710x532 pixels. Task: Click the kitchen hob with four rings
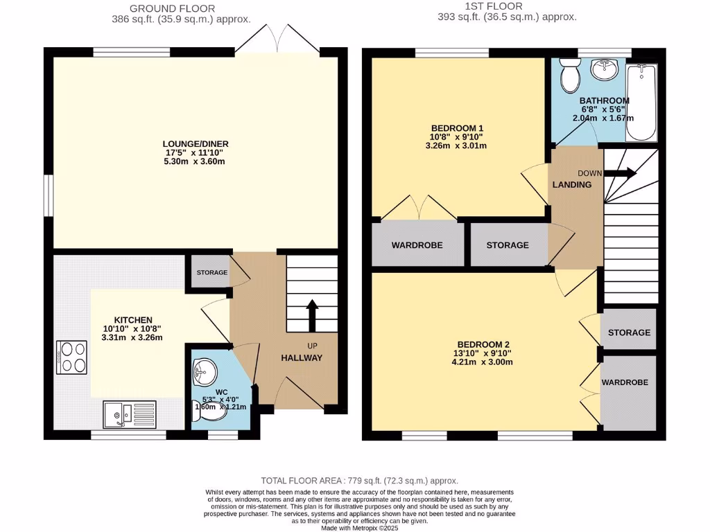click(x=72, y=357)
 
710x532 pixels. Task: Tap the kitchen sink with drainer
click(x=131, y=414)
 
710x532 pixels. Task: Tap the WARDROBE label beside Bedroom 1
click(x=417, y=245)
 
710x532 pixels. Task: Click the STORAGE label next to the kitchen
click(x=211, y=272)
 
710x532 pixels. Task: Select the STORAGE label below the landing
click(x=508, y=245)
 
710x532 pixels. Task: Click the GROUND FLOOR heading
click(x=181, y=8)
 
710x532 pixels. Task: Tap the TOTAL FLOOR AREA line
click(x=359, y=480)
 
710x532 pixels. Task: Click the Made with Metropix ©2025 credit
click(x=359, y=527)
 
